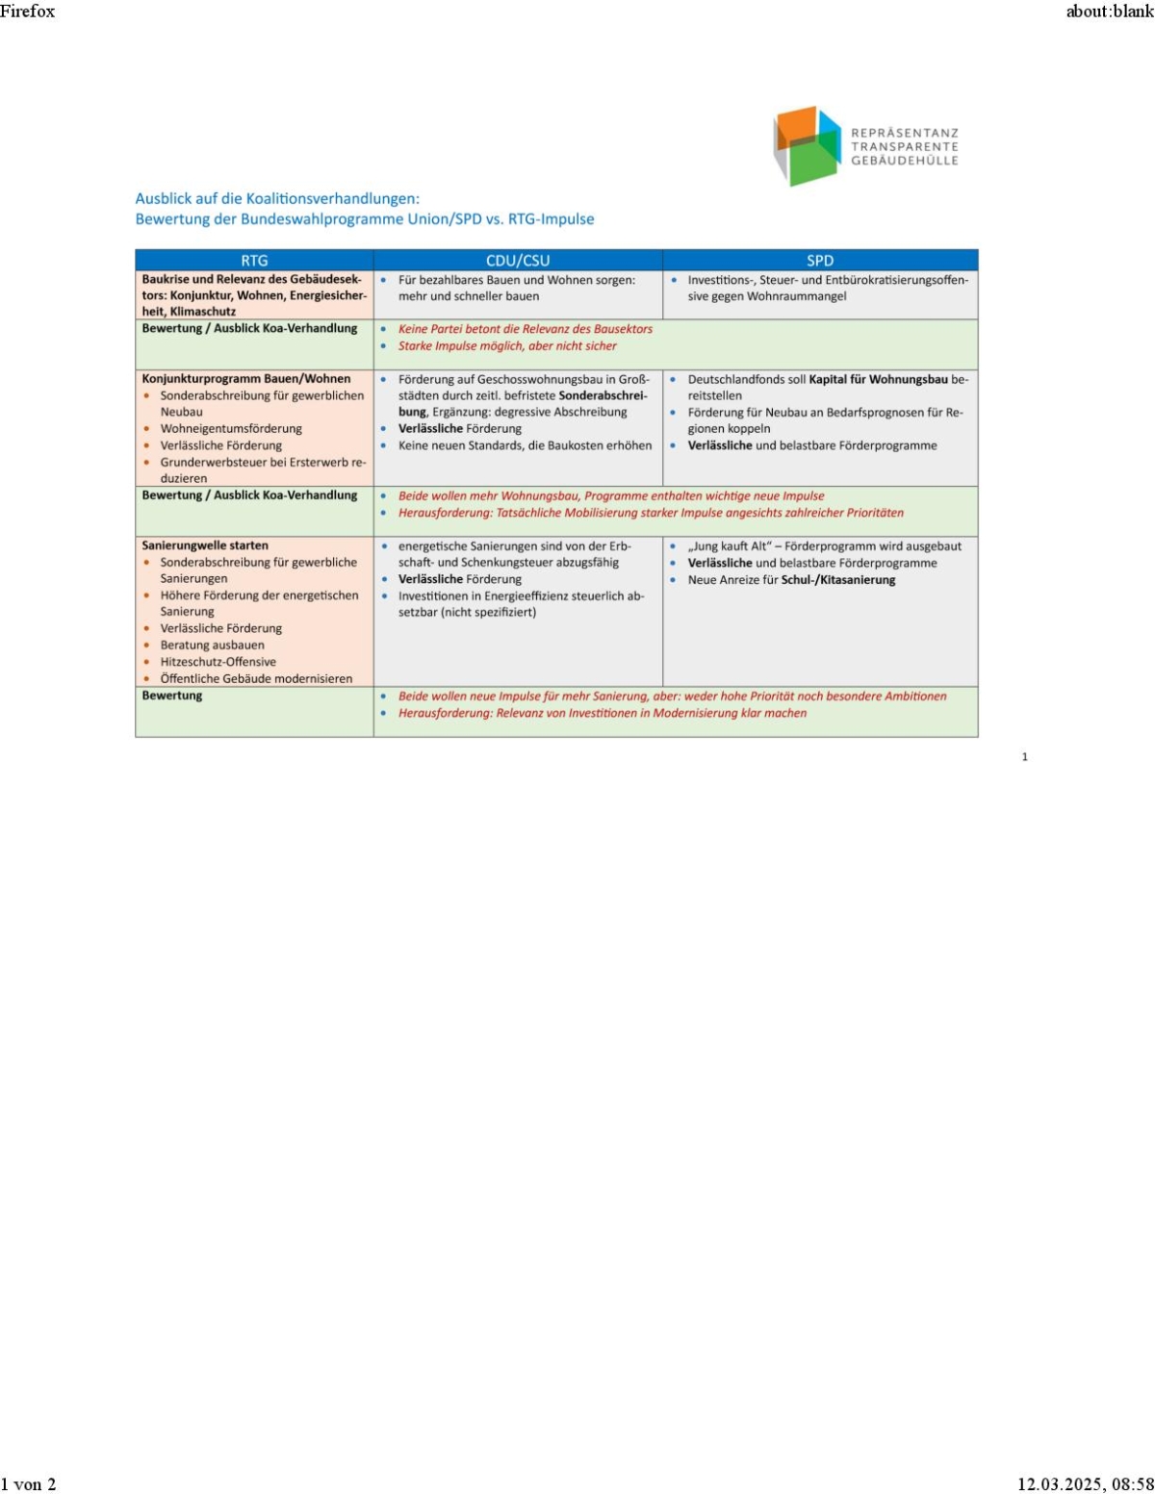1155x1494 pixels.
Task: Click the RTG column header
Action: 254,261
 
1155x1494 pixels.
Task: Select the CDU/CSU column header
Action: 518,261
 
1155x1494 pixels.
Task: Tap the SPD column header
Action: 820,261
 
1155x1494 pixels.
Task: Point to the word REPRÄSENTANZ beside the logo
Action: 905,133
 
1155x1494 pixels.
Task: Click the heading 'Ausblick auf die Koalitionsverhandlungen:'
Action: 277,199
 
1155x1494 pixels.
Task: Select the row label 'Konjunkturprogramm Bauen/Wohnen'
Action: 246,379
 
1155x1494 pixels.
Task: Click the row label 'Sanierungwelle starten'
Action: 205,545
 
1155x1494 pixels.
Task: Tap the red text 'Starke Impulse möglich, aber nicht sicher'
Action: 507,346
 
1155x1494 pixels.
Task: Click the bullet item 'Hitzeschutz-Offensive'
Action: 218,662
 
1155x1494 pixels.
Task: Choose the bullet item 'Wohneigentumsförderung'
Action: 231,429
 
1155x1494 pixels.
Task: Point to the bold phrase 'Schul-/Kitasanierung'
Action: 838,580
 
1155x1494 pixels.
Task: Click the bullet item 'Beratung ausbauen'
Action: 212,646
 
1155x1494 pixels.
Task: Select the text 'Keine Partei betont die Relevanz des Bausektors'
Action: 526,329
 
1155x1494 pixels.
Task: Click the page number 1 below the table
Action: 1024,757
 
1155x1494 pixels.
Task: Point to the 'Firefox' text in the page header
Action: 28,12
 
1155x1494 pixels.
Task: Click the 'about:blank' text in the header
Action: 1109,12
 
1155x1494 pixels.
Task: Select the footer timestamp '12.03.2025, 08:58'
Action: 1085,1483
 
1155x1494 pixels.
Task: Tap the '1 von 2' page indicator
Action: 29,1483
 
